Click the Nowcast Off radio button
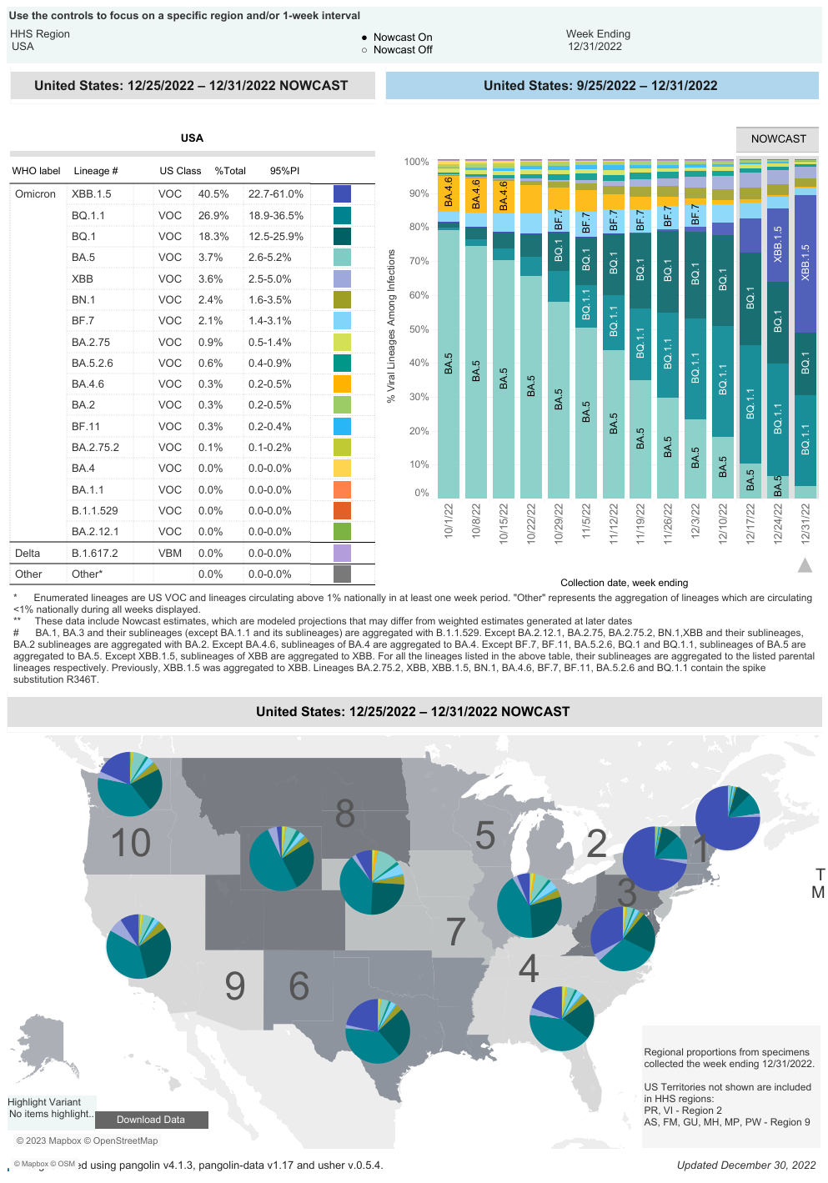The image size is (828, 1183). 364,50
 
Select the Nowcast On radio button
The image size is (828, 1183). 364,38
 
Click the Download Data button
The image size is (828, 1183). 151,1120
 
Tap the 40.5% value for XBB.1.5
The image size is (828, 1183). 213,194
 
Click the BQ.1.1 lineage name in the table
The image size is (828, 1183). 88,215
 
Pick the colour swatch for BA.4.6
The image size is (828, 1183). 342,383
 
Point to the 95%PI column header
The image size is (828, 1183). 284,171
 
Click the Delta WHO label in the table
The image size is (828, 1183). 28,553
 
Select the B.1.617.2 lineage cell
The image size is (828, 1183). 94,553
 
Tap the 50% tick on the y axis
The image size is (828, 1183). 417,329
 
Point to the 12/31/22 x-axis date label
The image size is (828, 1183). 805,524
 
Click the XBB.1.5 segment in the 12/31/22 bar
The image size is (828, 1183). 805,263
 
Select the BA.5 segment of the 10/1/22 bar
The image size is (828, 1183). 449,363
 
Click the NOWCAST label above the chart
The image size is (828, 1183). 778,139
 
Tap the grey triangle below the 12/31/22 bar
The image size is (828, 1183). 805,565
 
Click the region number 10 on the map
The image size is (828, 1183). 130,842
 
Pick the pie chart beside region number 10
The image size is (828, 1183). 130,784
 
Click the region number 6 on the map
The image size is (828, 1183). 299,986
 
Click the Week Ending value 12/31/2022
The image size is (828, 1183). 595,47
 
